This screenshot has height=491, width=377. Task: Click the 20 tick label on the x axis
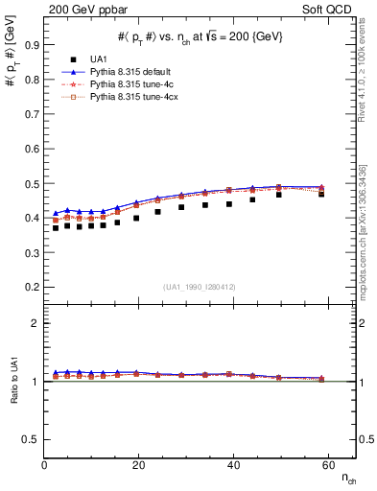coord(139,465)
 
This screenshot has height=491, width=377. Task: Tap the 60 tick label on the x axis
coord(327,465)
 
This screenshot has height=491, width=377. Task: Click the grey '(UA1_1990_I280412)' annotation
coord(200,287)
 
